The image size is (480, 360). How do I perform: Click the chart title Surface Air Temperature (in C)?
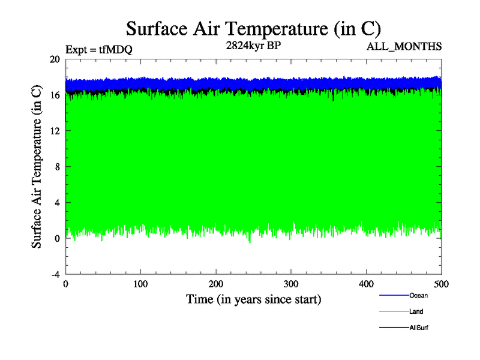[253, 28]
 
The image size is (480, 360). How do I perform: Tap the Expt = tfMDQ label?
[98, 50]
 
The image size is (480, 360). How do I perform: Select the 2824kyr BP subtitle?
[252, 46]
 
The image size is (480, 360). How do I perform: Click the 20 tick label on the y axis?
[55, 59]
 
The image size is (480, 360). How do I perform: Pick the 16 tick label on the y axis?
[55, 95]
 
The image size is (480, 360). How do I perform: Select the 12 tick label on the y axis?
[55, 131]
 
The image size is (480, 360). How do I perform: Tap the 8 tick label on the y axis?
[57, 167]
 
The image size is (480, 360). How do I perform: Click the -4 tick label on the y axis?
[55, 274]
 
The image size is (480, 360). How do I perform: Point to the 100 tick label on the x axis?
[140, 284]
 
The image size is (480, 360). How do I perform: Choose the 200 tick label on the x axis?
[216, 284]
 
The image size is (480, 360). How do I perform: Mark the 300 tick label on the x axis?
[291, 284]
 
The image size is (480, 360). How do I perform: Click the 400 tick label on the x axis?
[366, 284]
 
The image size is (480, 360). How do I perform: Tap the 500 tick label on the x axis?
[441, 284]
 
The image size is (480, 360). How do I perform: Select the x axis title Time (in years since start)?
[253, 298]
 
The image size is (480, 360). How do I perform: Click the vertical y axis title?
[37, 167]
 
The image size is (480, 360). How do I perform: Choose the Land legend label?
[416, 311]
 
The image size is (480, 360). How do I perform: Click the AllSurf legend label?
[418, 328]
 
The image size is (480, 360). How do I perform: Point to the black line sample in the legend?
[394, 328]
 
